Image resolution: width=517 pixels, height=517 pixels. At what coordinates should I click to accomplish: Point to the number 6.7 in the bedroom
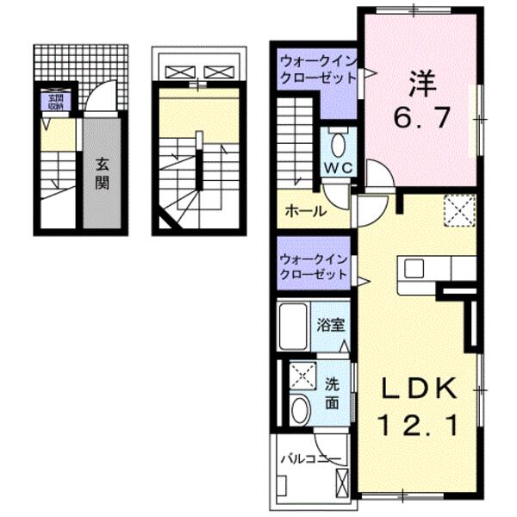(422, 119)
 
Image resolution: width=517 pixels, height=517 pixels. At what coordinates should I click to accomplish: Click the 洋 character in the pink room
(422, 84)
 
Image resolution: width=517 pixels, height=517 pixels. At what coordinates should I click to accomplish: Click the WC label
(336, 167)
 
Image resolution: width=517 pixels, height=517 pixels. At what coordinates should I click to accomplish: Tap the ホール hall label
(305, 211)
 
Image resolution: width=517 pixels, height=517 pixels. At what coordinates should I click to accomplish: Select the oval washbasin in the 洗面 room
(299, 410)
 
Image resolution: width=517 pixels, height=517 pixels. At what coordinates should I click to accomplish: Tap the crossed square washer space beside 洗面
(302, 375)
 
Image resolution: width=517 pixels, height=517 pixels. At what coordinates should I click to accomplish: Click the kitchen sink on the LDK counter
(414, 268)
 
